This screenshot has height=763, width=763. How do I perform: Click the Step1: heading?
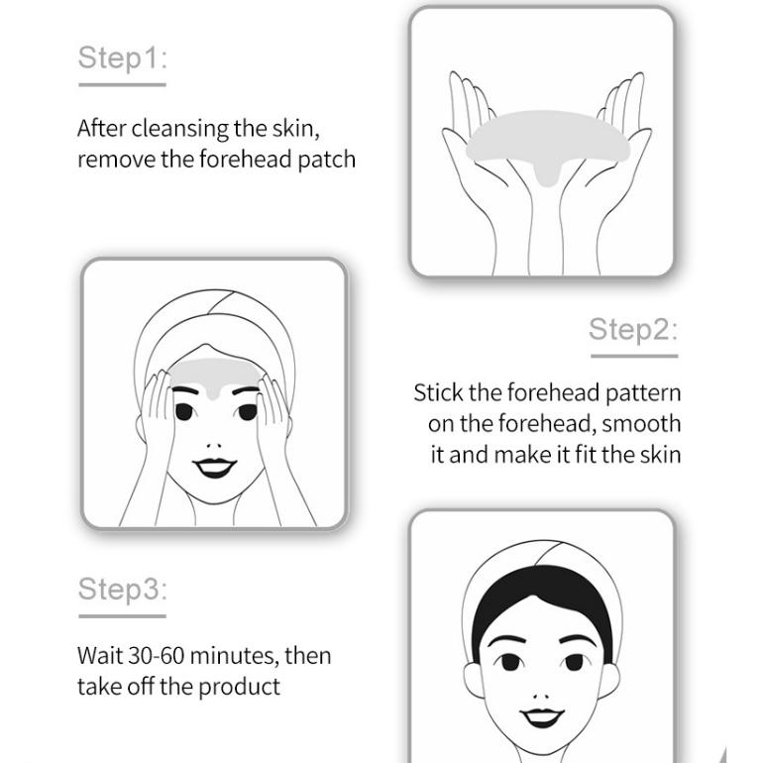pos(122,58)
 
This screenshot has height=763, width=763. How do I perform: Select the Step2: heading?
pos(632,330)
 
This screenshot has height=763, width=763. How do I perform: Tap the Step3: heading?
pos(122,590)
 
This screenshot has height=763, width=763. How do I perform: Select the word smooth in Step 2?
pos(640,424)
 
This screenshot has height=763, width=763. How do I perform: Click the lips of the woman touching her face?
pos(213,466)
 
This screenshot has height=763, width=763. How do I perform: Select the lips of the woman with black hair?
pos(542,713)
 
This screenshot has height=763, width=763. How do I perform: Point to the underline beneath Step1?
pos(122,84)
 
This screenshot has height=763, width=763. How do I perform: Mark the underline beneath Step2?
pos(632,355)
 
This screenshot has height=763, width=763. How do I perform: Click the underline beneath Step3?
pos(122,615)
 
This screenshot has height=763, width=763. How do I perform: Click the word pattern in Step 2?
pos(642,392)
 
